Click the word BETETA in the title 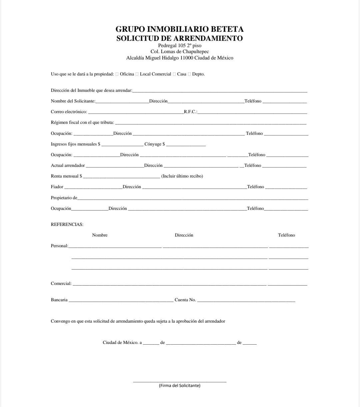pos(227,29)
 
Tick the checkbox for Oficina pos(117,74)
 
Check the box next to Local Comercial pos(137,74)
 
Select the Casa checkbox pos(174,74)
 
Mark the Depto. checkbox pos(189,74)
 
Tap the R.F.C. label pos(190,112)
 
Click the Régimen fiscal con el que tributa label pos(82,122)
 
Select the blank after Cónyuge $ pos(186,145)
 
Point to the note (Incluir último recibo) pos(182,176)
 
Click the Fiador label pos(57,187)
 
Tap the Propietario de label pos(64,198)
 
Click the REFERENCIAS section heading pos(67,225)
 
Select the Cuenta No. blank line pos(246,301)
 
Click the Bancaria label pos(59,300)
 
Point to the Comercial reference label pos(61,284)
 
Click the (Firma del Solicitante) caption pos(180,386)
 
